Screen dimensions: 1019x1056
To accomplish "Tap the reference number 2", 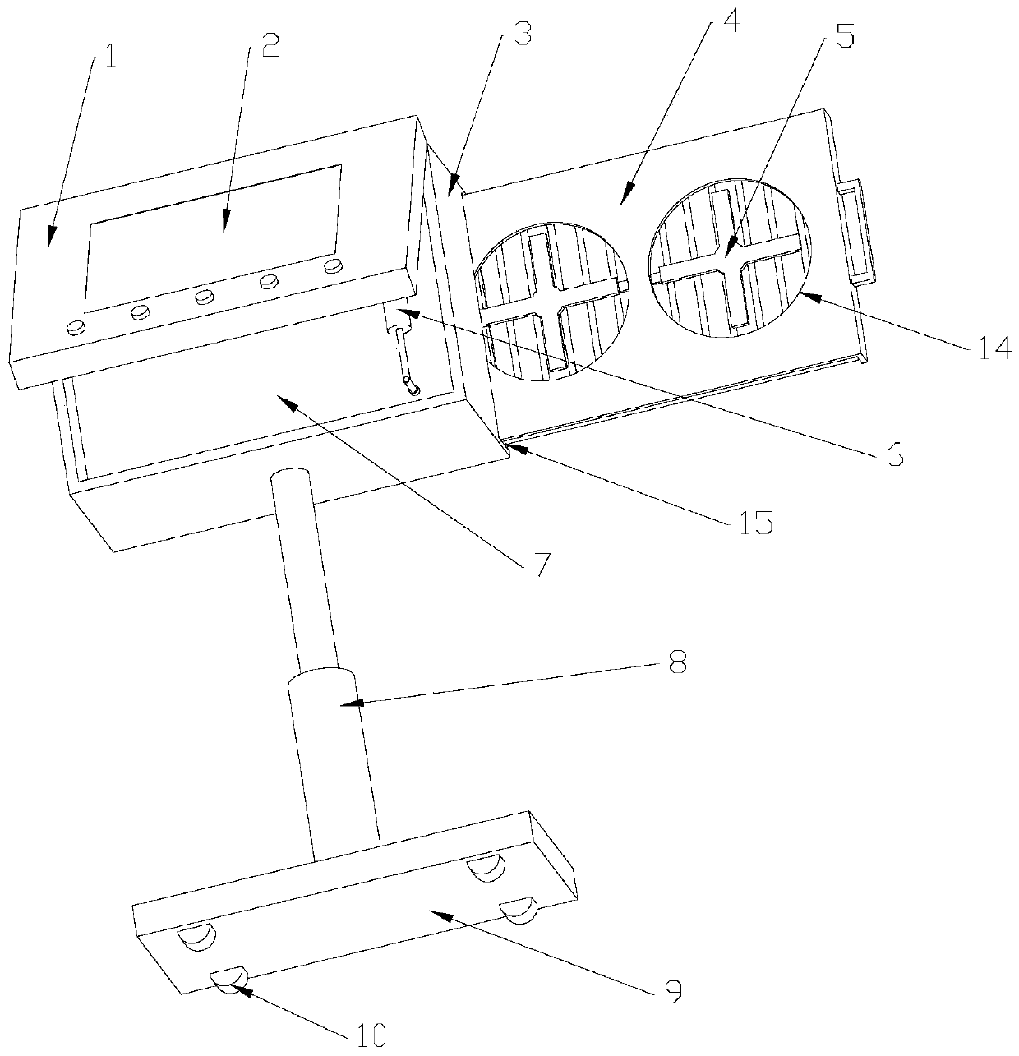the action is (267, 45).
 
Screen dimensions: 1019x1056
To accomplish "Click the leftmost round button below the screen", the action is (76, 327).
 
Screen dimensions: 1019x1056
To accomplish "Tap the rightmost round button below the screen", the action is (333, 265).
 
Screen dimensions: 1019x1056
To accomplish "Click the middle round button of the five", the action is (205, 297).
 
